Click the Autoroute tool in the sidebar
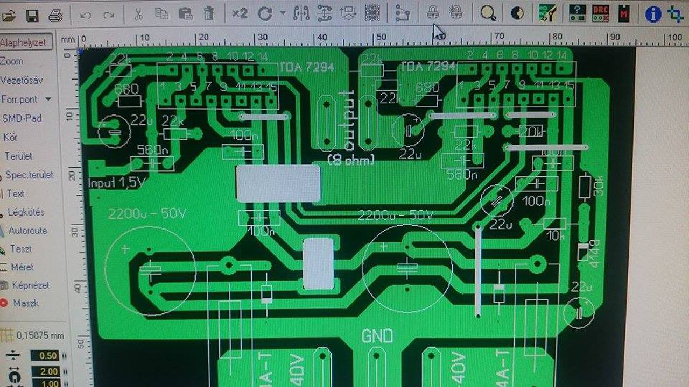coord(27,231)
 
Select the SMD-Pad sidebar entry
coord(22,118)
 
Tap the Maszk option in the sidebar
coord(25,303)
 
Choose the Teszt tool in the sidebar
coord(20,249)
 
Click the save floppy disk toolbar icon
coord(32,15)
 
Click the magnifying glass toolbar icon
coord(488,14)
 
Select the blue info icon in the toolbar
coord(653,14)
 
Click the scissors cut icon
coord(138,14)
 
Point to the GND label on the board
coord(377,337)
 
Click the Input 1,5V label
coord(117,183)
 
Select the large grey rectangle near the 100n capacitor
coord(278,183)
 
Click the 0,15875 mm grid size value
coord(40,335)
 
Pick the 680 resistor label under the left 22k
coord(126,89)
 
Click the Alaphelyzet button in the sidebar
coord(24,42)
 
